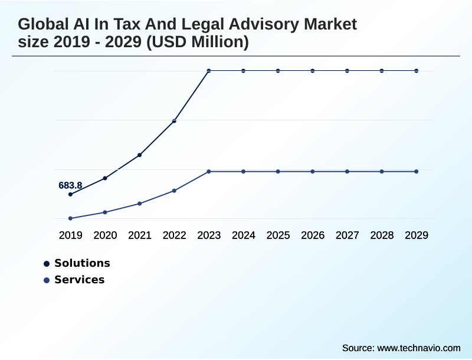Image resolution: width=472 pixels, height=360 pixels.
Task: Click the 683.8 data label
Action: [70, 185]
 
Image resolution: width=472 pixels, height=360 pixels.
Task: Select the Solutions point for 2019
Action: [70, 194]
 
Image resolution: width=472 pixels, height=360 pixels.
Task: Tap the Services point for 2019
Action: [70, 218]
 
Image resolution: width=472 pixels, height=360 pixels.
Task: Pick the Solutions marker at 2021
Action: [139, 155]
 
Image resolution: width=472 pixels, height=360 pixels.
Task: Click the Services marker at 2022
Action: [174, 191]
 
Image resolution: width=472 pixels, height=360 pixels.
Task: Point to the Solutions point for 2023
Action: [209, 71]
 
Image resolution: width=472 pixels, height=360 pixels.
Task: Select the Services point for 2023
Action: [209, 172]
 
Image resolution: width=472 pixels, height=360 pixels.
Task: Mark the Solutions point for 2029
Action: [417, 71]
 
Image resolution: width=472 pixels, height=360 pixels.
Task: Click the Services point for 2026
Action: [313, 172]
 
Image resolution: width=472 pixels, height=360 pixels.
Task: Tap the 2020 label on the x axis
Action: [105, 235]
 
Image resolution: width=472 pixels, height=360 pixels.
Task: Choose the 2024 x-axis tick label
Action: [244, 235]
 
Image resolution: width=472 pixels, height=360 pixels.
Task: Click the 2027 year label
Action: [348, 235]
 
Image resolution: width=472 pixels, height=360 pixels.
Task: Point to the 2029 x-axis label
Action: [417, 235]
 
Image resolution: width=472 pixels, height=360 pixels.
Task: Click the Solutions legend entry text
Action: [82, 263]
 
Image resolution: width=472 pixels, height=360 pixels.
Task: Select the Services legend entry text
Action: [79, 280]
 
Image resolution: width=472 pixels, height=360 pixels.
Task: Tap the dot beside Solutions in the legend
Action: [47, 264]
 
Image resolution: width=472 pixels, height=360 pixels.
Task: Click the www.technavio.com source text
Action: [419, 348]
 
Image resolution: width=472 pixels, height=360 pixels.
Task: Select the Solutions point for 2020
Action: [105, 178]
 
